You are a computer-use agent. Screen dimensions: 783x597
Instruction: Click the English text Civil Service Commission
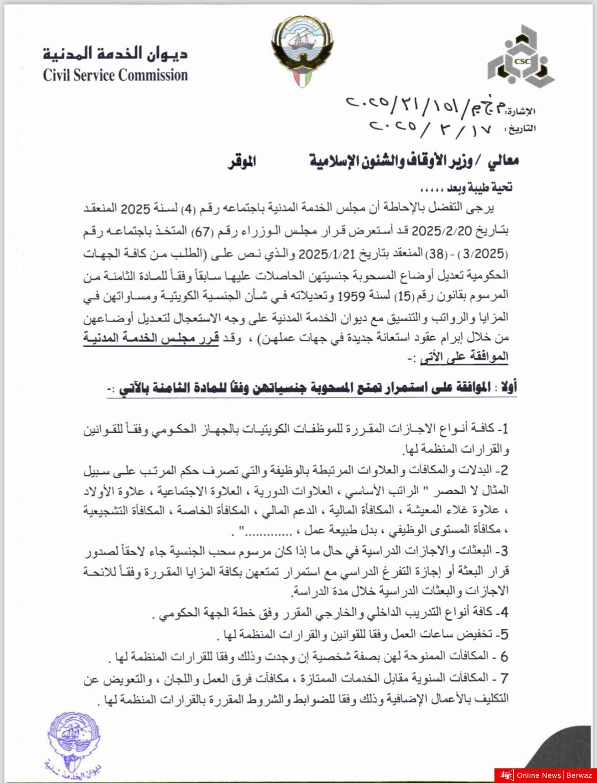click(115, 75)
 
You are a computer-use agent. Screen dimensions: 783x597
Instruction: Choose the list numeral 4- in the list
click(503, 612)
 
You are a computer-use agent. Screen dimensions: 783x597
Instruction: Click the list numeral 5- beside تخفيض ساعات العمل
click(503, 634)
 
